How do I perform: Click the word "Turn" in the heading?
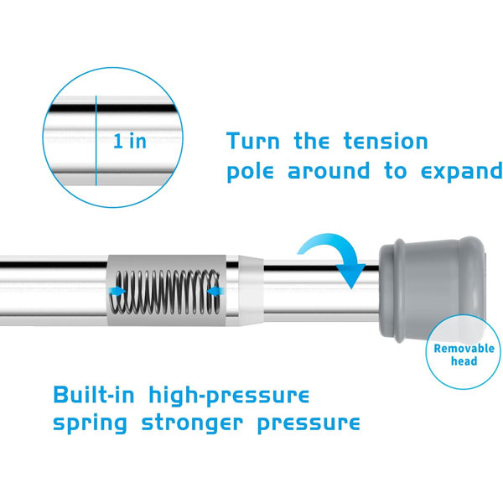click(x=253, y=141)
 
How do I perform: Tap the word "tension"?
click(x=386, y=141)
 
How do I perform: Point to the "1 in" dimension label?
click(x=130, y=141)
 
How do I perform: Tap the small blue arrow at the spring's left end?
click(x=117, y=291)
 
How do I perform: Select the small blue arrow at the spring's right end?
click(x=215, y=291)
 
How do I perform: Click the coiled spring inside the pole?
click(x=165, y=292)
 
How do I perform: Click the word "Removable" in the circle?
click(x=464, y=349)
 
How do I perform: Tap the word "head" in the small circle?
click(x=464, y=361)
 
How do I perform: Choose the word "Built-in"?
click(x=94, y=395)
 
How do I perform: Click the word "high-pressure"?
click(x=229, y=397)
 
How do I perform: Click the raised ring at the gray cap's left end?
click(x=399, y=290)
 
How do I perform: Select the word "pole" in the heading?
click(x=250, y=172)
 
